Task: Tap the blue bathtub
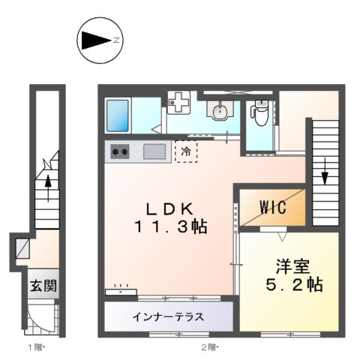point(118,115)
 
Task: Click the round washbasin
point(218,112)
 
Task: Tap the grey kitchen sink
point(154,151)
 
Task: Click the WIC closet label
point(271,209)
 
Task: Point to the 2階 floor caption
point(208,346)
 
